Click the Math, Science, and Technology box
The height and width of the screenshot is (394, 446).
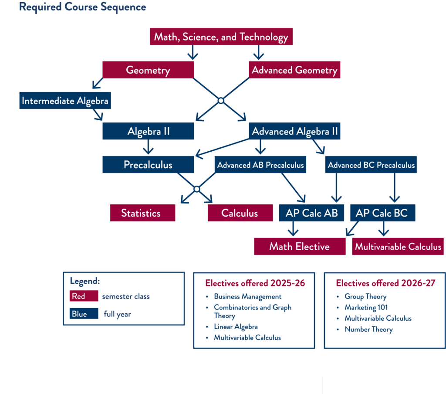[221, 37]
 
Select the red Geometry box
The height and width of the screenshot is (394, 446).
[148, 70]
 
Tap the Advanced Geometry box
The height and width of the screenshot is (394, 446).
[294, 70]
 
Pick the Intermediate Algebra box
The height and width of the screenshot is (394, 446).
[65, 101]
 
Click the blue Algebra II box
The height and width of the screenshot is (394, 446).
[148, 131]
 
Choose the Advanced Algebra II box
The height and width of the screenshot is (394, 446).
[294, 131]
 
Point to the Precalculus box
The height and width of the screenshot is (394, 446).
[148, 165]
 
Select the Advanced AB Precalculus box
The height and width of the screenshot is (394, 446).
[260, 165]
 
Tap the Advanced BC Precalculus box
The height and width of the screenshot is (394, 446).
[371, 165]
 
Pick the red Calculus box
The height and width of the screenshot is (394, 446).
[240, 213]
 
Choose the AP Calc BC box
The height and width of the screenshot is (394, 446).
[382, 213]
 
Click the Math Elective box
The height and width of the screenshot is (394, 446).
[299, 246]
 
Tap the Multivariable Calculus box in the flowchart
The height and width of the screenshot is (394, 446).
[398, 246]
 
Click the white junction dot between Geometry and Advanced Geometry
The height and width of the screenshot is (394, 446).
[221, 101]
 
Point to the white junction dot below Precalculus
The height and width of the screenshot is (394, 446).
[196, 189]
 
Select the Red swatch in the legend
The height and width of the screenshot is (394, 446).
[84, 296]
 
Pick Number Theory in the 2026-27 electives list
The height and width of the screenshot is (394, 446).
[368, 329]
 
